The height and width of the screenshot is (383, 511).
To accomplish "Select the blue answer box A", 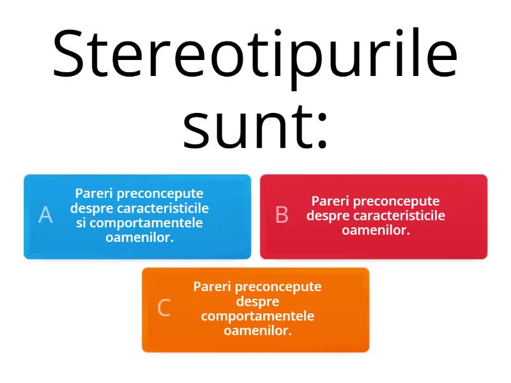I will tap(137, 216).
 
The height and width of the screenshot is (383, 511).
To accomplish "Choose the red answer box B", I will tap(374, 216).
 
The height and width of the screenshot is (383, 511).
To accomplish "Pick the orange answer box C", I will tap(256, 310).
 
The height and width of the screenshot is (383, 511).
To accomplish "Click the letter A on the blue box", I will tap(45, 216).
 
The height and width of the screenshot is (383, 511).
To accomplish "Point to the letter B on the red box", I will tap(282, 216).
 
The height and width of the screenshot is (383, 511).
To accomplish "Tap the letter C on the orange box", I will tap(164, 308).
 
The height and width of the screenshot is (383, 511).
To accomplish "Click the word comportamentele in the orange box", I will tap(257, 317).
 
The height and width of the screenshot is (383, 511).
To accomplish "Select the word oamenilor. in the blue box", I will tap(140, 237).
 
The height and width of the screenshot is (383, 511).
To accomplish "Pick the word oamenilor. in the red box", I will tap(376, 230).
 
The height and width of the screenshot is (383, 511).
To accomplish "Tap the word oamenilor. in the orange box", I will tap(257, 331).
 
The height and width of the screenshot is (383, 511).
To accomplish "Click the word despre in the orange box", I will tap(257, 301).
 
